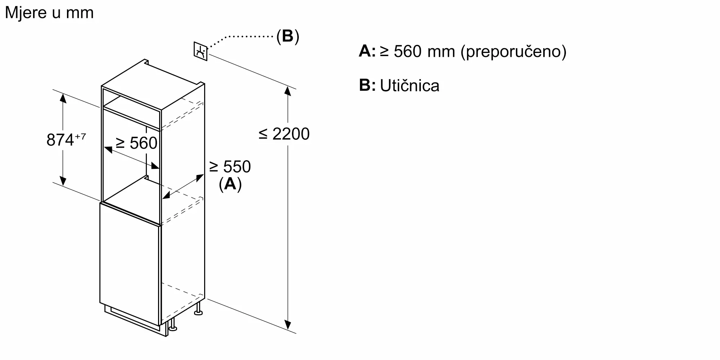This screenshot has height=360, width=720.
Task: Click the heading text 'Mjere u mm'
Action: coord(49,13)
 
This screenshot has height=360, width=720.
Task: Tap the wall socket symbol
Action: coord(201,51)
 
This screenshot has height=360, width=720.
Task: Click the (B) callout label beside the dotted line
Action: coord(288,36)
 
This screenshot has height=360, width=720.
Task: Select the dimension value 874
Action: coord(60,140)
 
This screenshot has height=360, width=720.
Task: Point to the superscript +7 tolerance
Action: coord(80,136)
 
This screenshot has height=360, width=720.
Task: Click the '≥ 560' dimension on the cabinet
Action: coord(136,143)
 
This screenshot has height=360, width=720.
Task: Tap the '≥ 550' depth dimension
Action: coord(230,167)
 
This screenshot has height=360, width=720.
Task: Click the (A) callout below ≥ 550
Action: coord(230,184)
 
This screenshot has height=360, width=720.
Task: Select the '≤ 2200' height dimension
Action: coord(284,134)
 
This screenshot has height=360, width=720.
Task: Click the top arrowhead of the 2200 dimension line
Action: coord(287,90)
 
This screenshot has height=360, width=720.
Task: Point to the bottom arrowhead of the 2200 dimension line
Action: coord(287,325)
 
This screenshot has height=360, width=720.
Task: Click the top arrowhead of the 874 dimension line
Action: coord(63,98)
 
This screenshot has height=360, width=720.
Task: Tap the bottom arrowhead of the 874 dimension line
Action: coord(63,181)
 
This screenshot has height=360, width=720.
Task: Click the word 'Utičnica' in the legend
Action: coord(409,86)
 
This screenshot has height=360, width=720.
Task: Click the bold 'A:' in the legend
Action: coord(367,51)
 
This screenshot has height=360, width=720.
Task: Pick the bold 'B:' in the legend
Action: coord(367,85)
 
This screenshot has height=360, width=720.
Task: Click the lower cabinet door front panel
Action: coord(130,266)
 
